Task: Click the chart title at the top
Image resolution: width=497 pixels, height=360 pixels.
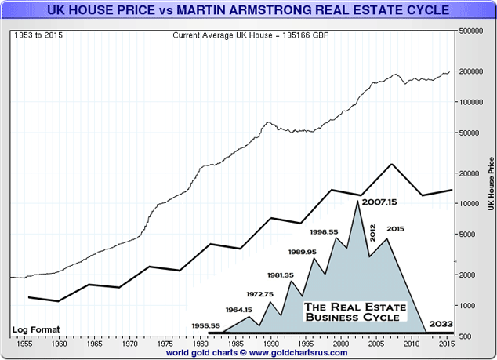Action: pyautogui.click(x=248, y=11)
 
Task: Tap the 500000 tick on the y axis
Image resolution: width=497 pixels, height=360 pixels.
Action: pyautogui.click(x=472, y=31)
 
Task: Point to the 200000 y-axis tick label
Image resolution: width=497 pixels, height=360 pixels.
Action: pyautogui.click(x=472, y=71)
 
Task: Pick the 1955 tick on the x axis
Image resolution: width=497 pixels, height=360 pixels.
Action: pyautogui.click(x=25, y=344)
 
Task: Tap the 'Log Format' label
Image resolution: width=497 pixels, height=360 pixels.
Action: pyautogui.click(x=34, y=329)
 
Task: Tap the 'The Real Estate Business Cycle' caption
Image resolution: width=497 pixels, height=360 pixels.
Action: pyautogui.click(x=352, y=311)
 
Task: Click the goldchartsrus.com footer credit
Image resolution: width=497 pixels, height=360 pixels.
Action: pyautogui.click(x=248, y=354)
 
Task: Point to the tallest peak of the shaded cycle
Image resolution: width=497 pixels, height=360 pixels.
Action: pyautogui.click(x=357, y=202)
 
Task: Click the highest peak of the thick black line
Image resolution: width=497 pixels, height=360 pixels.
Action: pyautogui.click(x=391, y=164)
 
